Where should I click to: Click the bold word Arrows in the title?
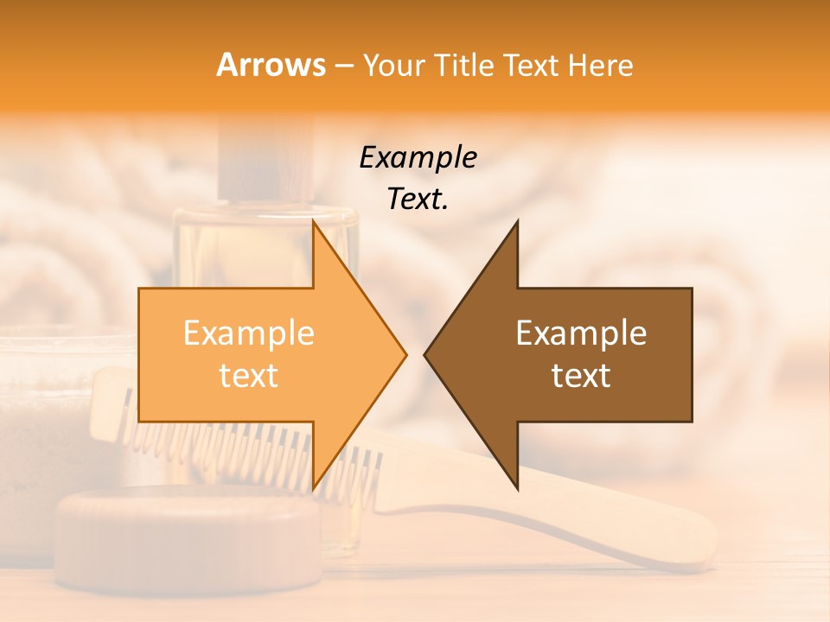click(x=271, y=65)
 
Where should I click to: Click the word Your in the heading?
click(x=393, y=65)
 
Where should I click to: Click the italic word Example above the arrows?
click(x=418, y=158)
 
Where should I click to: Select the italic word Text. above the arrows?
click(x=418, y=199)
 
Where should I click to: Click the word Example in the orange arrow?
click(x=249, y=333)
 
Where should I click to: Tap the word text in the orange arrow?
click(x=249, y=376)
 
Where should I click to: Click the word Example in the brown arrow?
click(x=581, y=333)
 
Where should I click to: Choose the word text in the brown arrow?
click(x=581, y=376)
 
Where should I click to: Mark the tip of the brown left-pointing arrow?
click(x=425, y=354)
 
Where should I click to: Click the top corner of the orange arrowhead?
click(x=314, y=222)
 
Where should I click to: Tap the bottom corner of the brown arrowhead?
click(x=517, y=488)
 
